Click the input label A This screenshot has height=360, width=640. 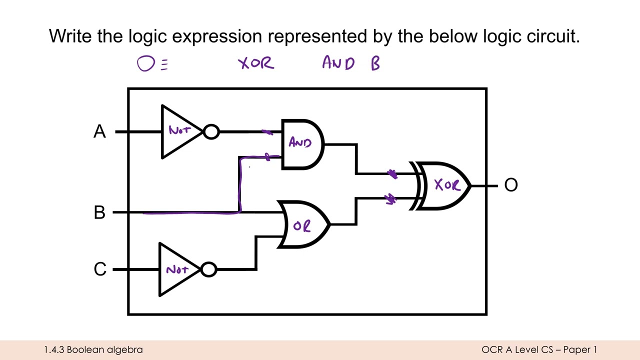click(99, 131)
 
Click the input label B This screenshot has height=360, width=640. click(99, 212)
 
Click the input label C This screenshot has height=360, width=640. click(100, 269)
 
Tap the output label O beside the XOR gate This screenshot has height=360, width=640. click(511, 185)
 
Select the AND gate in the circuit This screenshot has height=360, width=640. click(302, 144)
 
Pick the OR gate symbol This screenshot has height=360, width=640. click(303, 224)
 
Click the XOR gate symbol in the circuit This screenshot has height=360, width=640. click(440, 186)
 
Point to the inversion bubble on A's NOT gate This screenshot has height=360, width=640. click(211, 132)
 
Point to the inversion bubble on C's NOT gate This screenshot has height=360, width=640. click(208, 269)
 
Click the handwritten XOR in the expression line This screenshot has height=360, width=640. click(256, 63)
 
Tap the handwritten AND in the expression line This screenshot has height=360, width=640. click(338, 62)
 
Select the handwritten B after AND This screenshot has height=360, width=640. click(375, 63)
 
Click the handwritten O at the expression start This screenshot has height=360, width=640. click(146, 63)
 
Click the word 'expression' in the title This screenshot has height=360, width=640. click(217, 36)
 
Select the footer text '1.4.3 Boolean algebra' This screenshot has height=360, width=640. click(93, 349)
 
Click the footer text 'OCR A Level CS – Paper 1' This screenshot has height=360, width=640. click(539, 349)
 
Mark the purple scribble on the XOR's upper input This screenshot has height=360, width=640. click(392, 174)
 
